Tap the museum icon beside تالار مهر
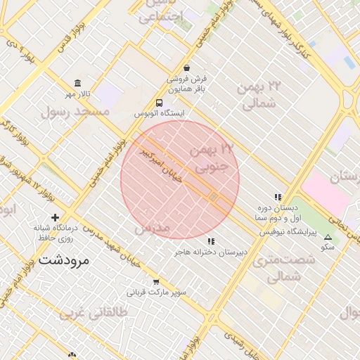click(x=77, y=83)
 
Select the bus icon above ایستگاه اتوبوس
click(x=159, y=103)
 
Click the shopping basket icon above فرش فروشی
click(x=186, y=67)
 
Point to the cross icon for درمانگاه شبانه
click(x=55, y=217)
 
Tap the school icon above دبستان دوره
click(x=278, y=198)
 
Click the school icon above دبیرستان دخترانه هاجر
click(x=211, y=241)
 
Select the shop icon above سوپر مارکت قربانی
click(x=156, y=281)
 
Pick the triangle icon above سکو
click(x=328, y=238)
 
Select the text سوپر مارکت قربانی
click(x=155, y=292)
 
